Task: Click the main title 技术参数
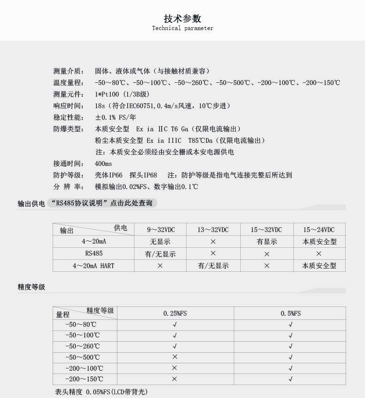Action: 182,19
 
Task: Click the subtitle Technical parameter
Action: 182,28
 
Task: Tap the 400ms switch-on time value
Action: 103,164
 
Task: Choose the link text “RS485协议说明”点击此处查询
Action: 102,203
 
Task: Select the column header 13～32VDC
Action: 213,230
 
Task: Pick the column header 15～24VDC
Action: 319,230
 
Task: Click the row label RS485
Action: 94,253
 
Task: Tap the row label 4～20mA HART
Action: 93,266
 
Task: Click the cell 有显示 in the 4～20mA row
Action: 267,242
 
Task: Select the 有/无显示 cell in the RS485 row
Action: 160,254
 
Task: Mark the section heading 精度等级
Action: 31,287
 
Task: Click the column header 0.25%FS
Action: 175,313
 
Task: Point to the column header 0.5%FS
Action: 291,313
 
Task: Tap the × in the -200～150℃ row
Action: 175,379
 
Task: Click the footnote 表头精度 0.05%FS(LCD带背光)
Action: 101,392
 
